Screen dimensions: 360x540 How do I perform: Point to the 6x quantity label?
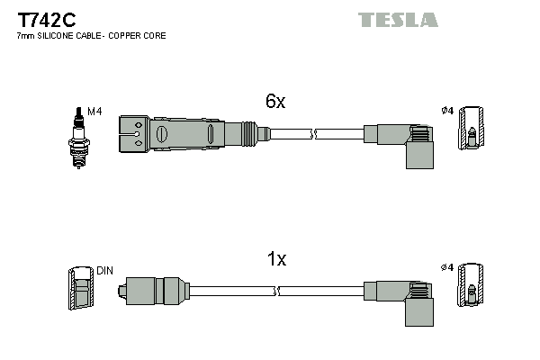(275, 102)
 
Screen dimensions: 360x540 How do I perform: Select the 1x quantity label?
(276, 259)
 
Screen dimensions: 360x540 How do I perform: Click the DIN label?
(103, 270)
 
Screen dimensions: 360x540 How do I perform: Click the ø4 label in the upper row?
(447, 112)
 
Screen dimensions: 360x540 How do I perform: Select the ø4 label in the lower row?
(447, 269)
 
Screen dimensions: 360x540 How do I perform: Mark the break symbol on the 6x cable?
(313, 134)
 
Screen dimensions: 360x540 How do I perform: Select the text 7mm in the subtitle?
(26, 35)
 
